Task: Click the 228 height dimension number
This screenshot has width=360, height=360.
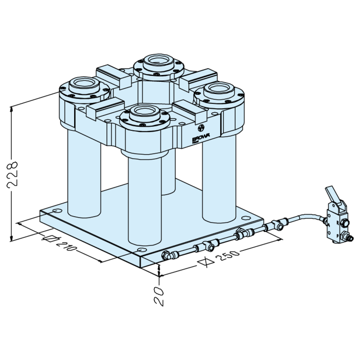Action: pos(12,174)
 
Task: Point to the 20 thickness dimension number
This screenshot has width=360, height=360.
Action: pos(159,296)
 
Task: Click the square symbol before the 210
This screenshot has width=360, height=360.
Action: pos(50,239)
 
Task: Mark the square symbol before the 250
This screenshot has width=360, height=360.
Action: pos(206,261)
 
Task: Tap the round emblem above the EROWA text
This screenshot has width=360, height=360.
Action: pos(201,128)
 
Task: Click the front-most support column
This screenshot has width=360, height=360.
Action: pos(144,201)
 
